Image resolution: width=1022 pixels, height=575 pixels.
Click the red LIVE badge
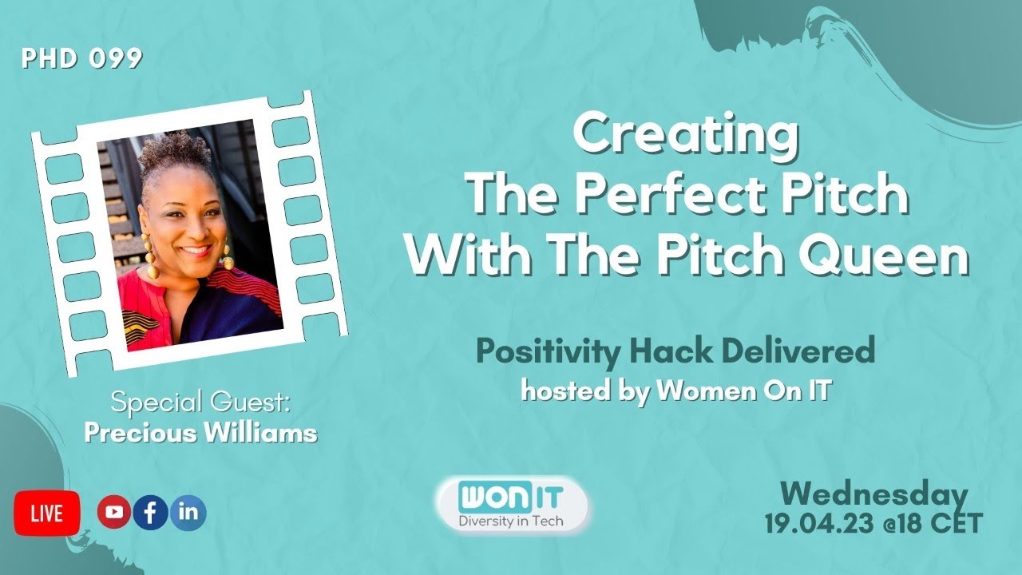coord(47,514)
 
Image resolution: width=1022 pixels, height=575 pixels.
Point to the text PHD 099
coord(82,59)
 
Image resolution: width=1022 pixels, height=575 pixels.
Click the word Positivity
coord(543,351)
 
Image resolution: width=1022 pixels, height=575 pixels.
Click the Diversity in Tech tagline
coord(512,521)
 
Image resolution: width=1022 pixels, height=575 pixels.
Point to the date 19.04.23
coord(813,524)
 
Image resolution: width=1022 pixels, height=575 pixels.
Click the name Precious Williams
coord(200,433)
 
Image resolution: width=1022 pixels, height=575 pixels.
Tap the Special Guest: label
coord(200,403)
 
